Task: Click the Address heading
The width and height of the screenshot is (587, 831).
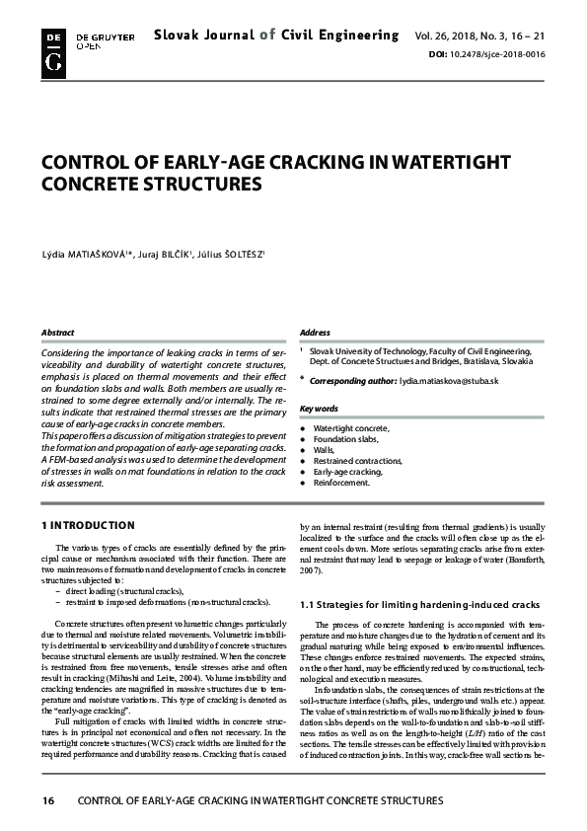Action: coord(315,334)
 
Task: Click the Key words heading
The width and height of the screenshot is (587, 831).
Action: coord(319,408)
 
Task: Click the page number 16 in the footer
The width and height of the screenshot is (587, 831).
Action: coord(46,800)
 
